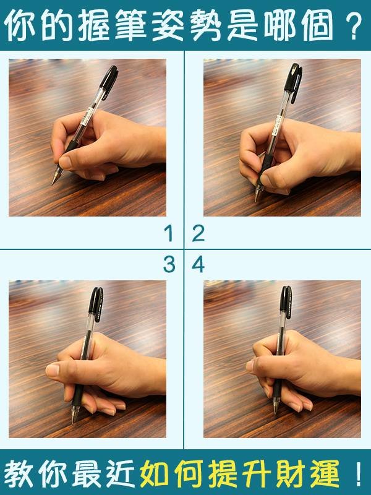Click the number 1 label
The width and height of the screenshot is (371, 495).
click(169, 234)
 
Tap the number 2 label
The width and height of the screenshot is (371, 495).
click(198, 234)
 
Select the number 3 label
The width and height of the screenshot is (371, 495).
click(169, 265)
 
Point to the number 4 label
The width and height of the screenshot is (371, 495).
click(198, 265)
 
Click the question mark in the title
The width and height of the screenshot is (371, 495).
click(353, 25)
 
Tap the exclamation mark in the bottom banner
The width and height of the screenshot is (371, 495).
click(359, 473)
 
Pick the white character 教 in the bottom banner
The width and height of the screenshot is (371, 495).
click(19, 473)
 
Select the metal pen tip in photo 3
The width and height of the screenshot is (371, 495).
click(74, 415)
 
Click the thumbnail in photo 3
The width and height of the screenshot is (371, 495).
click(53, 369)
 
